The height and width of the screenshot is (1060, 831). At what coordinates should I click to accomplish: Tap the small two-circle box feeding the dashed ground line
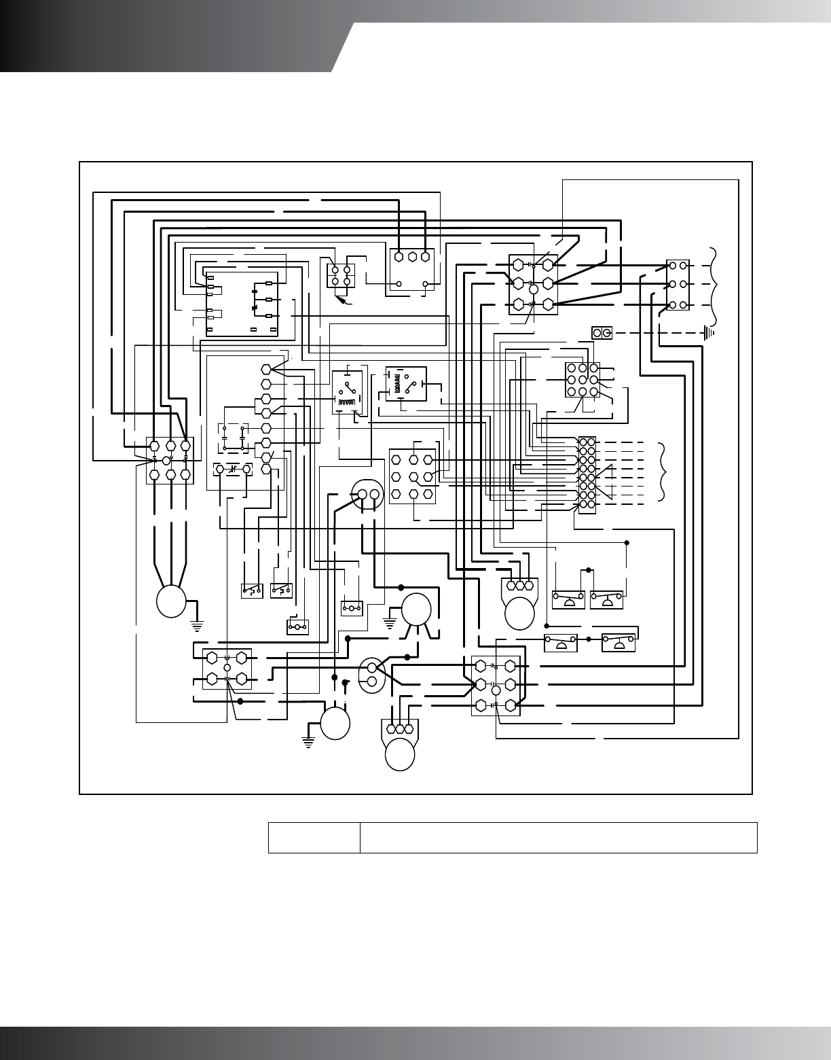tap(602, 332)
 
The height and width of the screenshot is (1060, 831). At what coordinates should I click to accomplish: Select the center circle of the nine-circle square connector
tap(582, 379)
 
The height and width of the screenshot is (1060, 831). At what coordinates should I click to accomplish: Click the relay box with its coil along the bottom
tap(347, 392)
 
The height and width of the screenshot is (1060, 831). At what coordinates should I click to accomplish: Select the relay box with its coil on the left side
tap(405, 385)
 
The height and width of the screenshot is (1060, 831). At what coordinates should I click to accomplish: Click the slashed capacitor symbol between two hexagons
tap(232, 470)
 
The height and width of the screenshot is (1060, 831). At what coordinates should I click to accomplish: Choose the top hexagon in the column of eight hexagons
tap(266, 369)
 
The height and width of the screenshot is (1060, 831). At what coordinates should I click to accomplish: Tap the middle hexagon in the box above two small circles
tap(412, 257)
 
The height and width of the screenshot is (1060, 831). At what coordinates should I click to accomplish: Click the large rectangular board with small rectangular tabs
tap(242, 304)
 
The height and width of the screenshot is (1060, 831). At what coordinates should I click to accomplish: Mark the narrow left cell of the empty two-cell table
tap(314, 837)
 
